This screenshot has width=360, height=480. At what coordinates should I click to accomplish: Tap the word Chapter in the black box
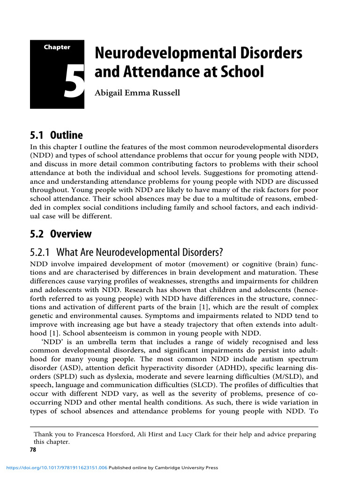point(57,47)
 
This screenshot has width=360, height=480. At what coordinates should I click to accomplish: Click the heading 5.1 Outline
point(56,135)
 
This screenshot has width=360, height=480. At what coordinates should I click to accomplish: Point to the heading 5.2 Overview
point(61,233)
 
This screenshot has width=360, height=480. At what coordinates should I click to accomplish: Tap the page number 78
point(33,449)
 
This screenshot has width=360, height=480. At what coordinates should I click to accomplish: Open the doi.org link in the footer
point(55,468)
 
